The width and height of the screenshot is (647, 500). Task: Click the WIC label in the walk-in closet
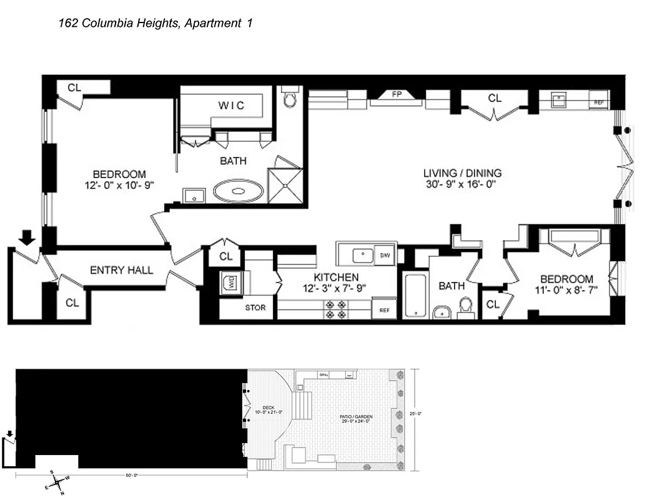pyautogui.click(x=230, y=105)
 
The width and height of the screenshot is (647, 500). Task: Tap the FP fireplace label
pyautogui.click(x=396, y=95)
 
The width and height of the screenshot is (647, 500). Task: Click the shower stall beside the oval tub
pyautogui.click(x=285, y=186)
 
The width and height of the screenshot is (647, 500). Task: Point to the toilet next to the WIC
pyautogui.click(x=289, y=98)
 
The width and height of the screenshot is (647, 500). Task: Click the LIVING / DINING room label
pyautogui.click(x=462, y=173)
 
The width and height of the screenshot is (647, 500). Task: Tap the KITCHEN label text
pyautogui.click(x=336, y=277)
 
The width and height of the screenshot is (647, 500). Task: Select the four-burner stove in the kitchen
pyautogui.click(x=335, y=309)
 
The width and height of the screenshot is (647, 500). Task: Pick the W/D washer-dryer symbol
pyautogui.click(x=229, y=283)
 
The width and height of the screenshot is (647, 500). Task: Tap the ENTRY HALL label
pyautogui.click(x=122, y=270)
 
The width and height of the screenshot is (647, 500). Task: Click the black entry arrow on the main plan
pyautogui.click(x=26, y=237)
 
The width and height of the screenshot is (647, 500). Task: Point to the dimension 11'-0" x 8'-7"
pyautogui.click(x=566, y=290)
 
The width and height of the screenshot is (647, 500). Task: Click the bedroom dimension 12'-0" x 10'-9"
pyautogui.click(x=119, y=185)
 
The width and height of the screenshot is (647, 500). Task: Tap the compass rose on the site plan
pyautogui.click(x=57, y=482)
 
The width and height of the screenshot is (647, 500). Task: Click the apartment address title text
pyautogui.click(x=155, y=24)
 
